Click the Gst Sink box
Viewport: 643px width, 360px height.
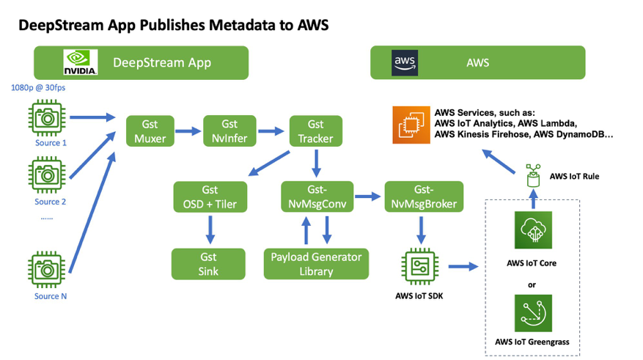[209, 263]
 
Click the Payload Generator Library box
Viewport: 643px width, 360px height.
[316, 263]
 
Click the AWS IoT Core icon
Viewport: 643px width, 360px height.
[534, 232]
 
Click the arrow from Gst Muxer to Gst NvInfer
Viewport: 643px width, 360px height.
[188, 131]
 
